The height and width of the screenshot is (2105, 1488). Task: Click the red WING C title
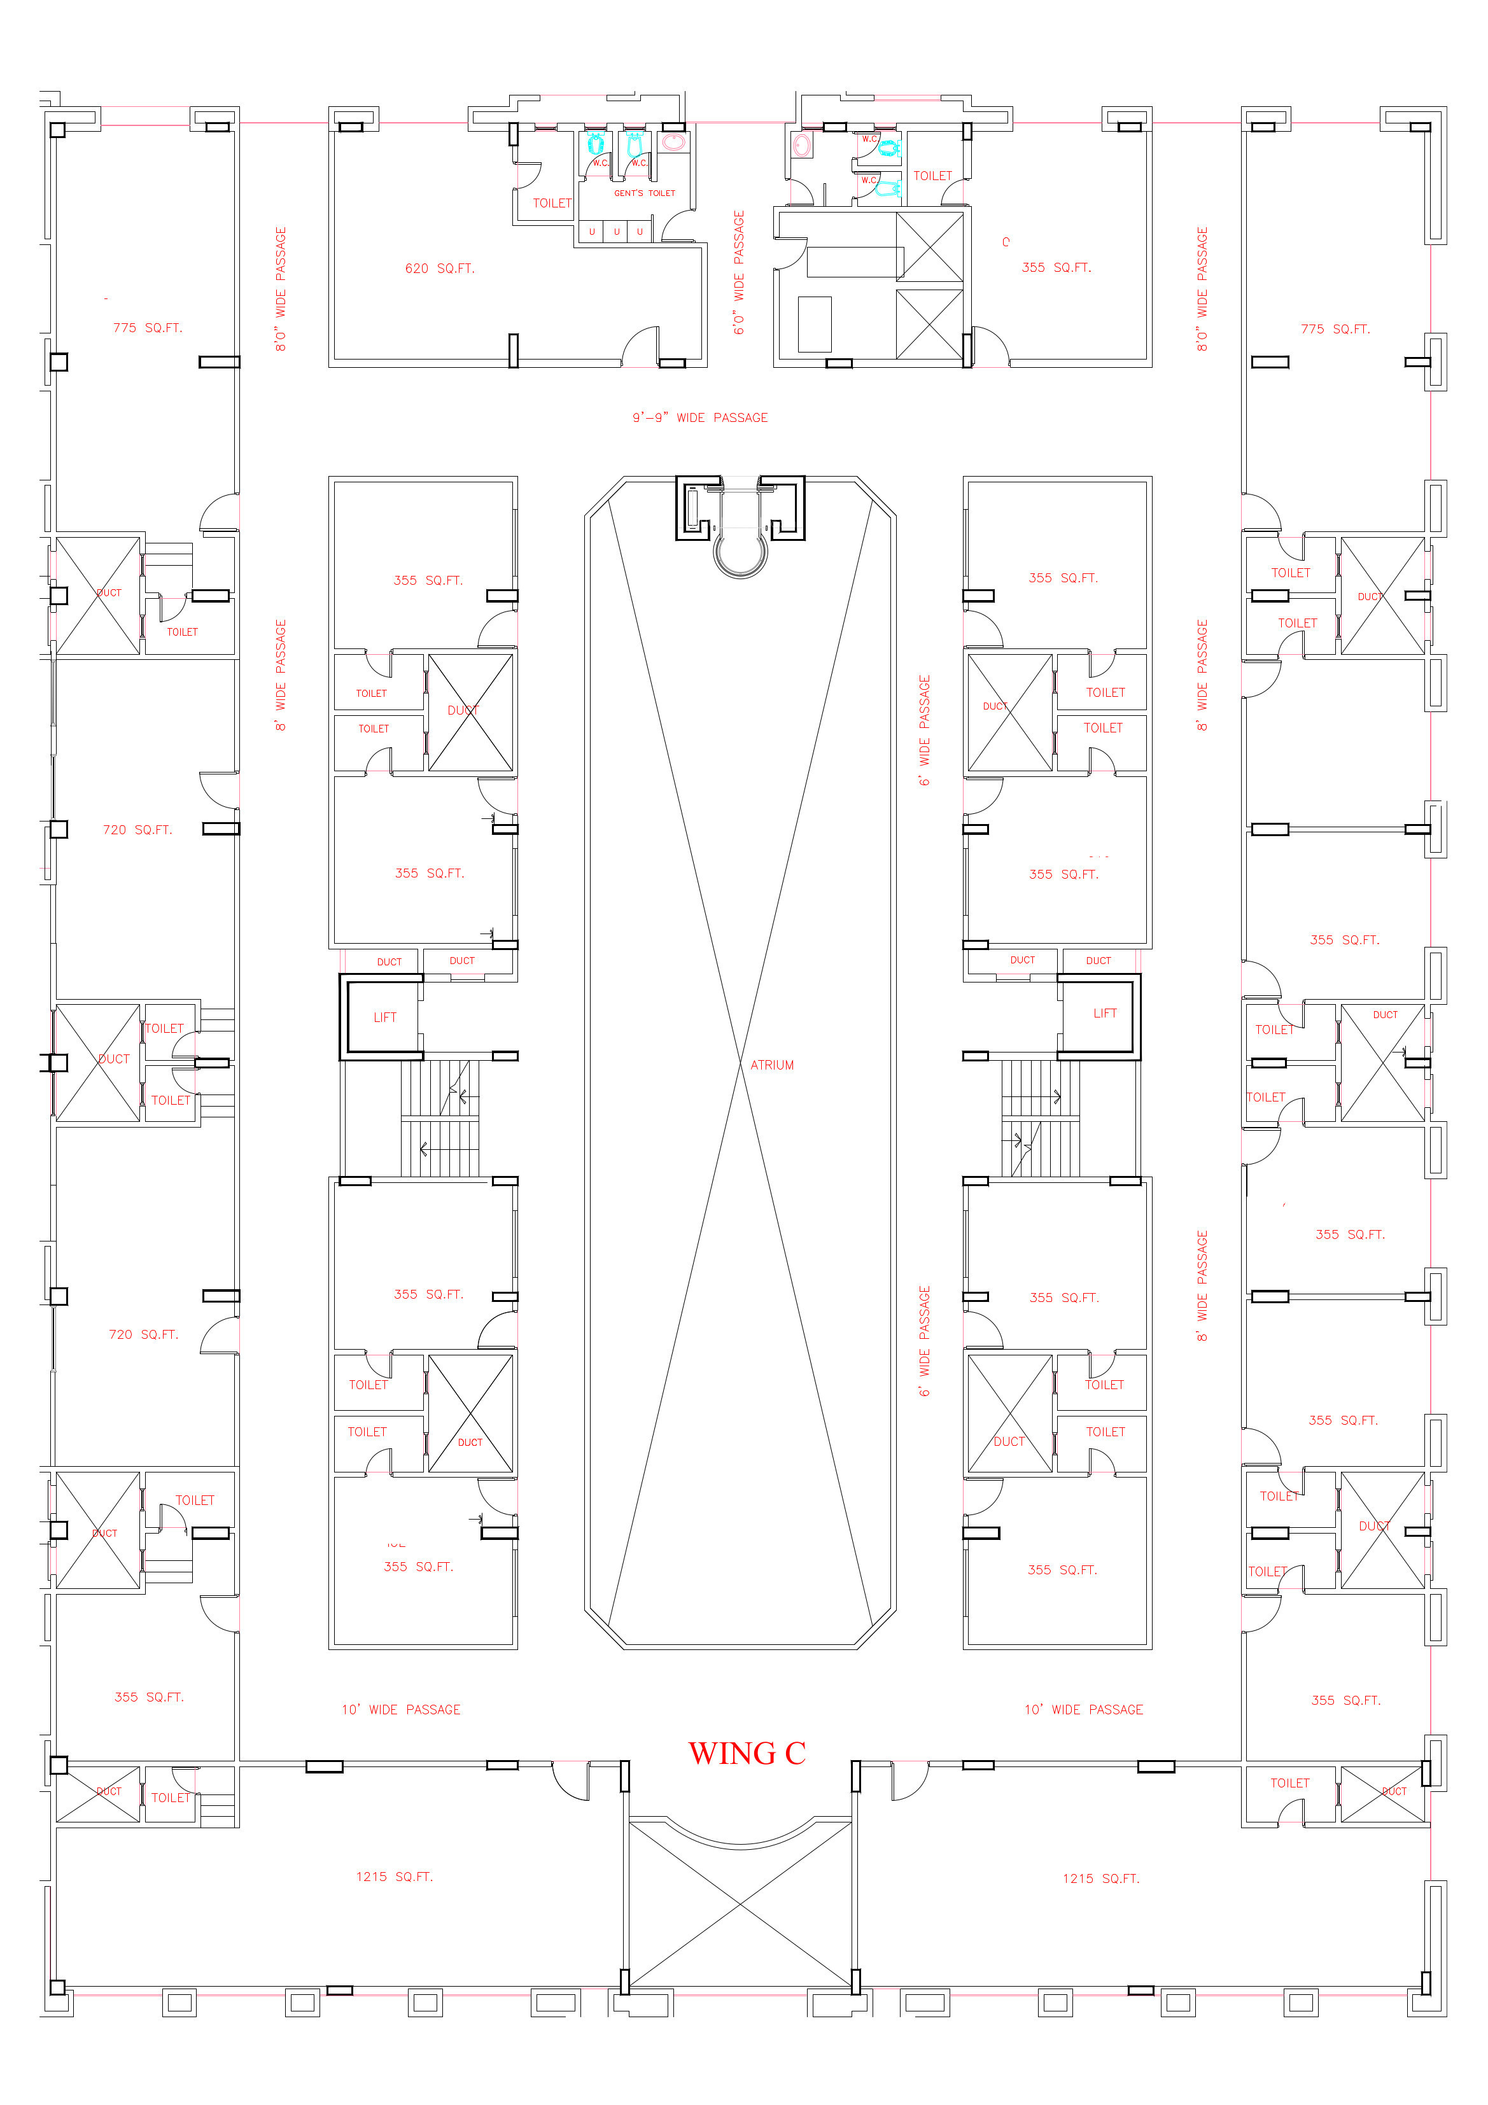747,1754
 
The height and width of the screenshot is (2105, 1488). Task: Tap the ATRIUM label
772,1065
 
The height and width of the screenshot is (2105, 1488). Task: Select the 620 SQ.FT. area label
439,269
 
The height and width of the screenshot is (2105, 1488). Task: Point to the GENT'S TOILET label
645,193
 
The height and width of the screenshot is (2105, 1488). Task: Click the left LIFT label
385,1018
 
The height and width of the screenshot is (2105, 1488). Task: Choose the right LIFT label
1105,1014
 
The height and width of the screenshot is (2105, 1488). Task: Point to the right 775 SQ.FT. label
1335,329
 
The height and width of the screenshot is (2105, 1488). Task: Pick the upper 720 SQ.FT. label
137,830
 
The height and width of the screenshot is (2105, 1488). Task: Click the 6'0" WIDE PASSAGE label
739,273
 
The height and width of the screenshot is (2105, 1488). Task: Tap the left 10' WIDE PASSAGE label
401,1710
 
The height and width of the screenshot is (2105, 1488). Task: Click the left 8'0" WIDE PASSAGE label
281,290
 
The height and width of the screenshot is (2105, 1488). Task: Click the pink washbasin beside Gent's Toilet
674,142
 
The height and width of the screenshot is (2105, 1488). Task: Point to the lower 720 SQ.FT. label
143,1335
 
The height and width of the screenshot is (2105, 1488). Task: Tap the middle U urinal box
616,232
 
